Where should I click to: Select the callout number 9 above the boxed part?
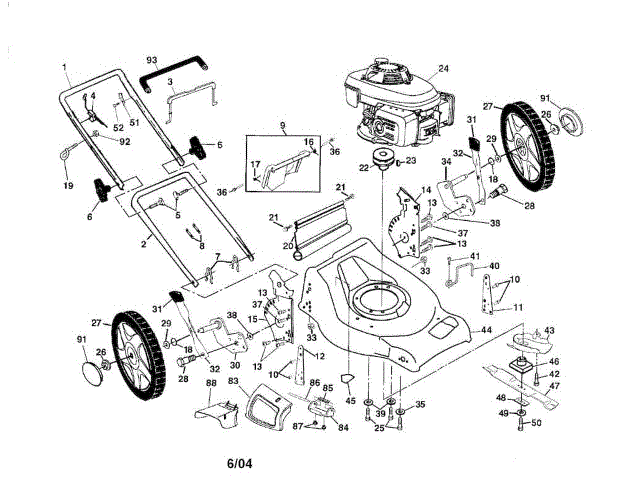coord(284,127)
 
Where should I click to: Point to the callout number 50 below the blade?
coord(536,424)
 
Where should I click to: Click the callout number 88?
coord(211,383)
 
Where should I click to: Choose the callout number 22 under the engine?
coord(364,167)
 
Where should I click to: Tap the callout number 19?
coord(68,186)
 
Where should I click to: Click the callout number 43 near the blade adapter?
coord(549,331)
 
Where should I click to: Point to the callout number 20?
coord(287,244)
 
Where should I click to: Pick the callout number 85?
coord(328,387)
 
